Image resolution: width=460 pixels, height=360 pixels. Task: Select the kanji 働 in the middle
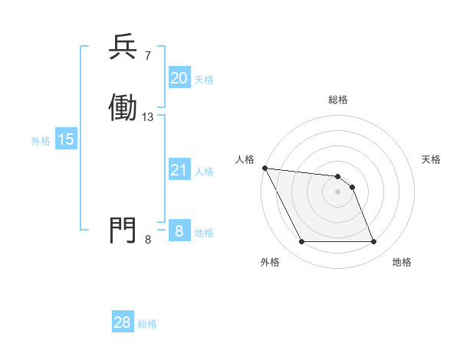pyautogui.click(x=123, y=108)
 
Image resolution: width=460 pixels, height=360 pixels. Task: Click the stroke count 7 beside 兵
pyautogui.click(x=148, y=56)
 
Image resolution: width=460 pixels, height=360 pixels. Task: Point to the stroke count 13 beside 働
pyautogui.click(x=148, y=117)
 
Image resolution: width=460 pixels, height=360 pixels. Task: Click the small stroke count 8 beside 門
pyautogui.click(x=148, y=240)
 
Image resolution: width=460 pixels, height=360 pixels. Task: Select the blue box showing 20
pyautogui.click(x=179, y=78)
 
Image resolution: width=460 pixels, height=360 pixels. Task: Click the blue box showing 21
pyautogui.click(x=179, y=170)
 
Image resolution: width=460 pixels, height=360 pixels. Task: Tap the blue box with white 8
pyautogui.click(x=179, y=231)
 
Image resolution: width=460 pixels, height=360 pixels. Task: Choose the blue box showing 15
pyautogui.click(x=65, y=139)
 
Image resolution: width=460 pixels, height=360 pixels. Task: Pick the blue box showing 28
pyautogui.click(x=123, y=323)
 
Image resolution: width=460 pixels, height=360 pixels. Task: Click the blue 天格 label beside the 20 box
pyautogui.click(x=204, y=79)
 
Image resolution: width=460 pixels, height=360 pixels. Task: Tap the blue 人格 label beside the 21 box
pyautogui.click(x=204, y=171)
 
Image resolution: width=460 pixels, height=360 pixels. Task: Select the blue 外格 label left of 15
pyautogui.click(x=41, y=140)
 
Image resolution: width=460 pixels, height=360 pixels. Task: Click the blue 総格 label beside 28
pyautogui.click(x=147, y=324)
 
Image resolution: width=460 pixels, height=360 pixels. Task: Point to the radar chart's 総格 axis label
pyautogui.click(x=338, y=100)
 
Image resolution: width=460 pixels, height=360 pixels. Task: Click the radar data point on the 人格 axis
pyautogui.click(x=264, y=168)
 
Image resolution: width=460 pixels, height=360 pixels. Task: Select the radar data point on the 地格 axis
pyautogui.click(x=373, y=242)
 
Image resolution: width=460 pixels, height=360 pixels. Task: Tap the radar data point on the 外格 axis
pyautogui.click(x=301, y=242)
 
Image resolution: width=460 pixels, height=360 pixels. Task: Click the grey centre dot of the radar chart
pyautogui.click(x=337, y=191)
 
